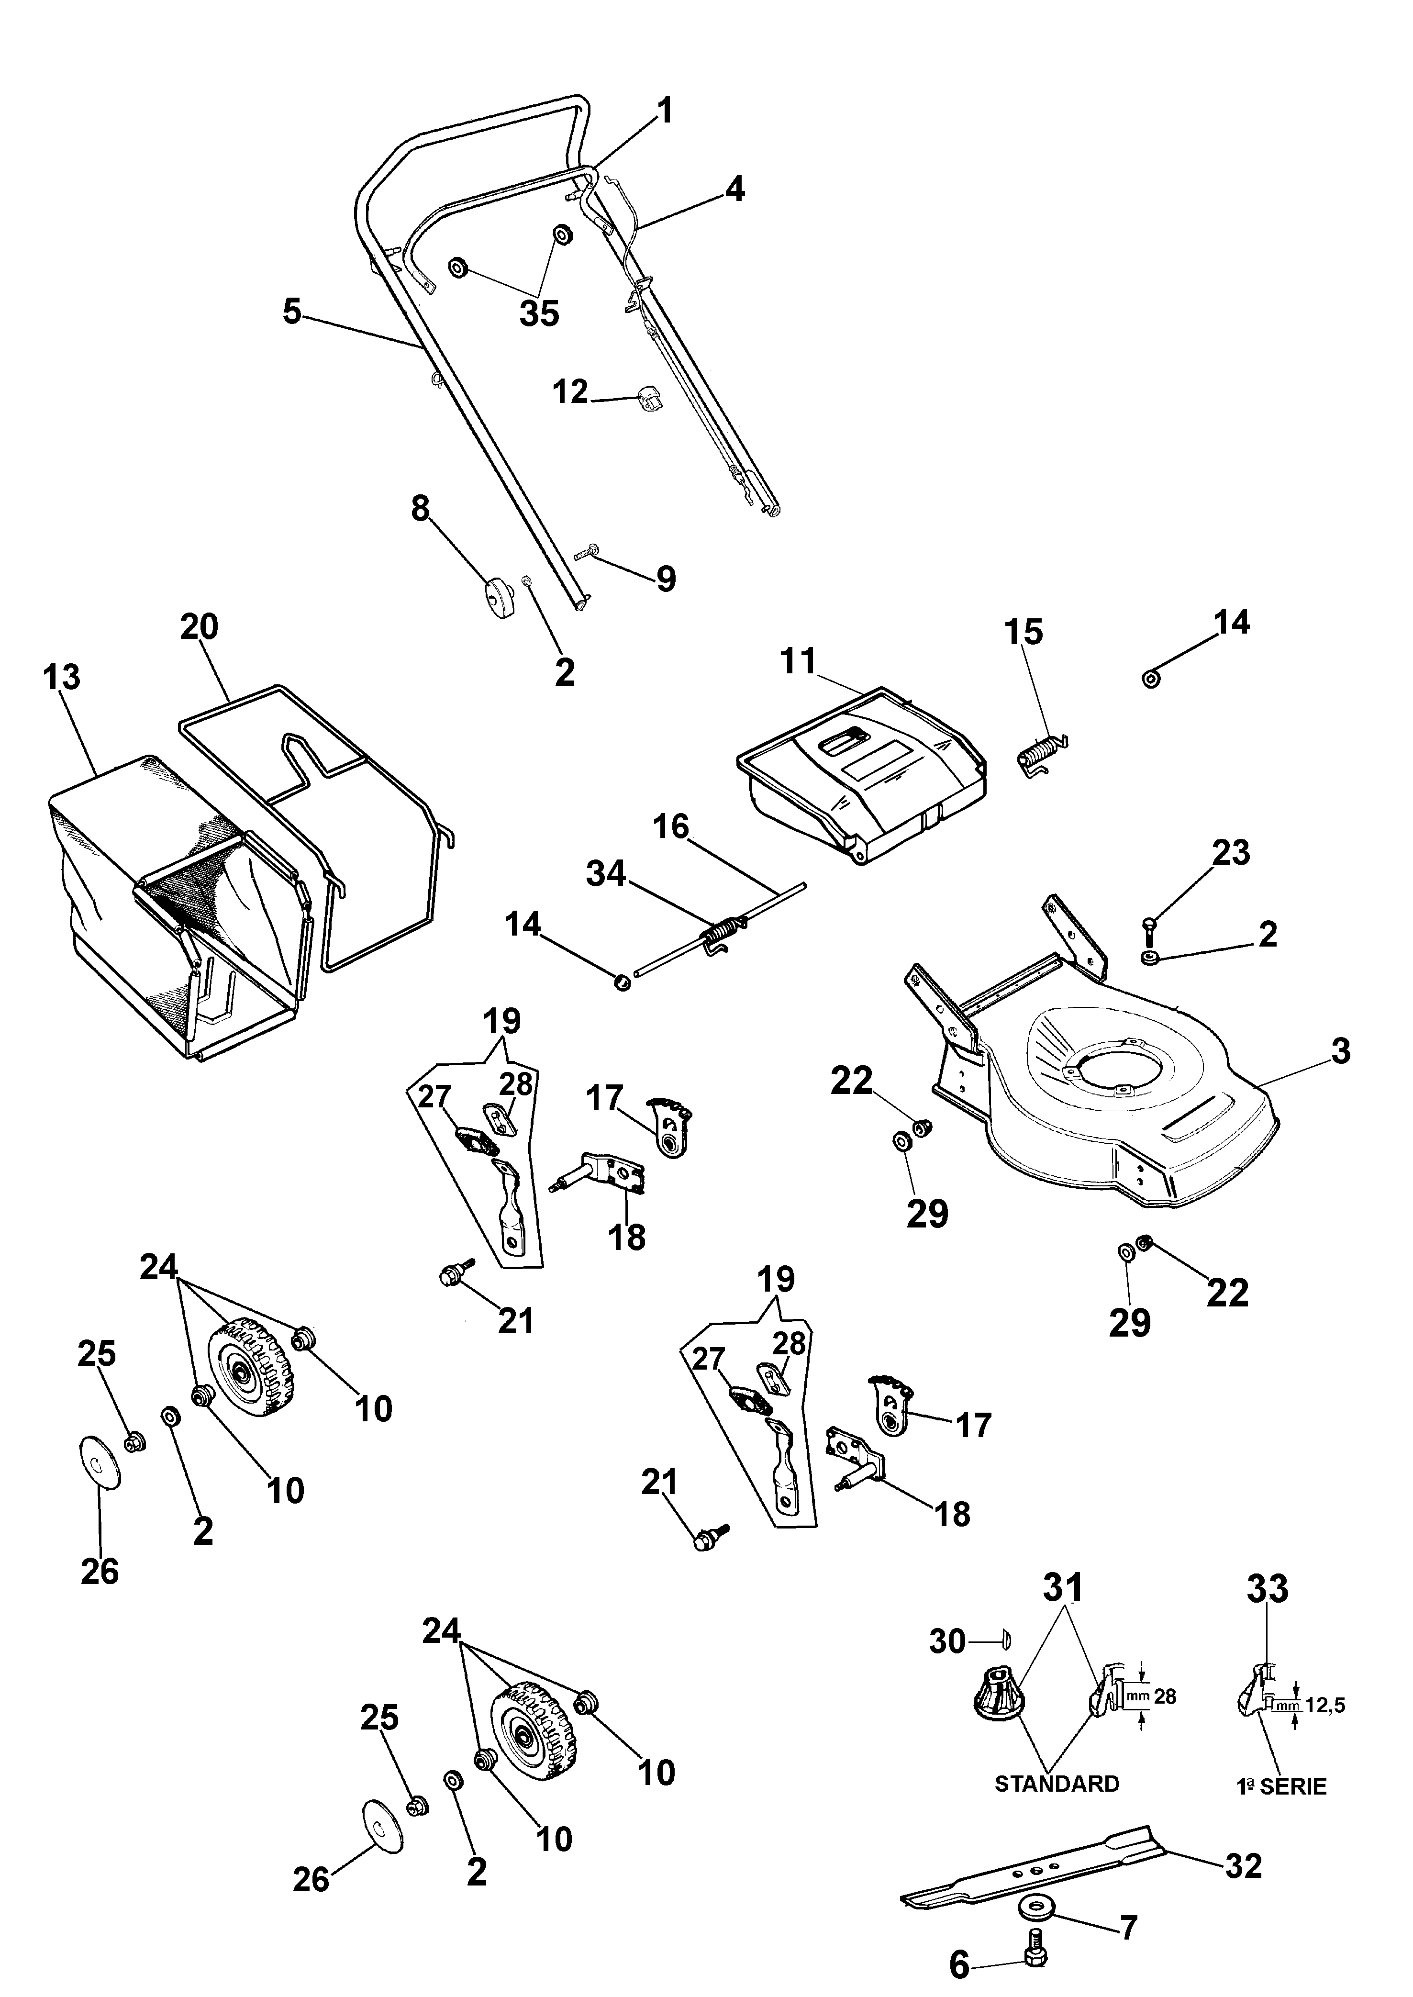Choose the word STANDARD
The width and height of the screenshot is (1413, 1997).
[1057, 1784]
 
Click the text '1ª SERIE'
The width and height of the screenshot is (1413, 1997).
[1281, 1786]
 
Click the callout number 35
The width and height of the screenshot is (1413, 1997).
[539, 313]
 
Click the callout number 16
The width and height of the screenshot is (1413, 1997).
[671, 826]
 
